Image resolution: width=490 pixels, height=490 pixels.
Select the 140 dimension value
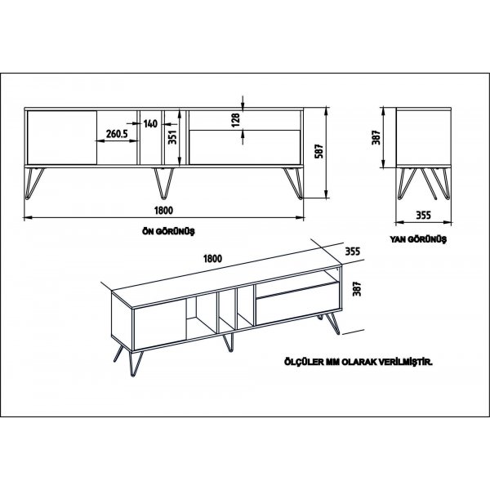(x=150, y=123)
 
